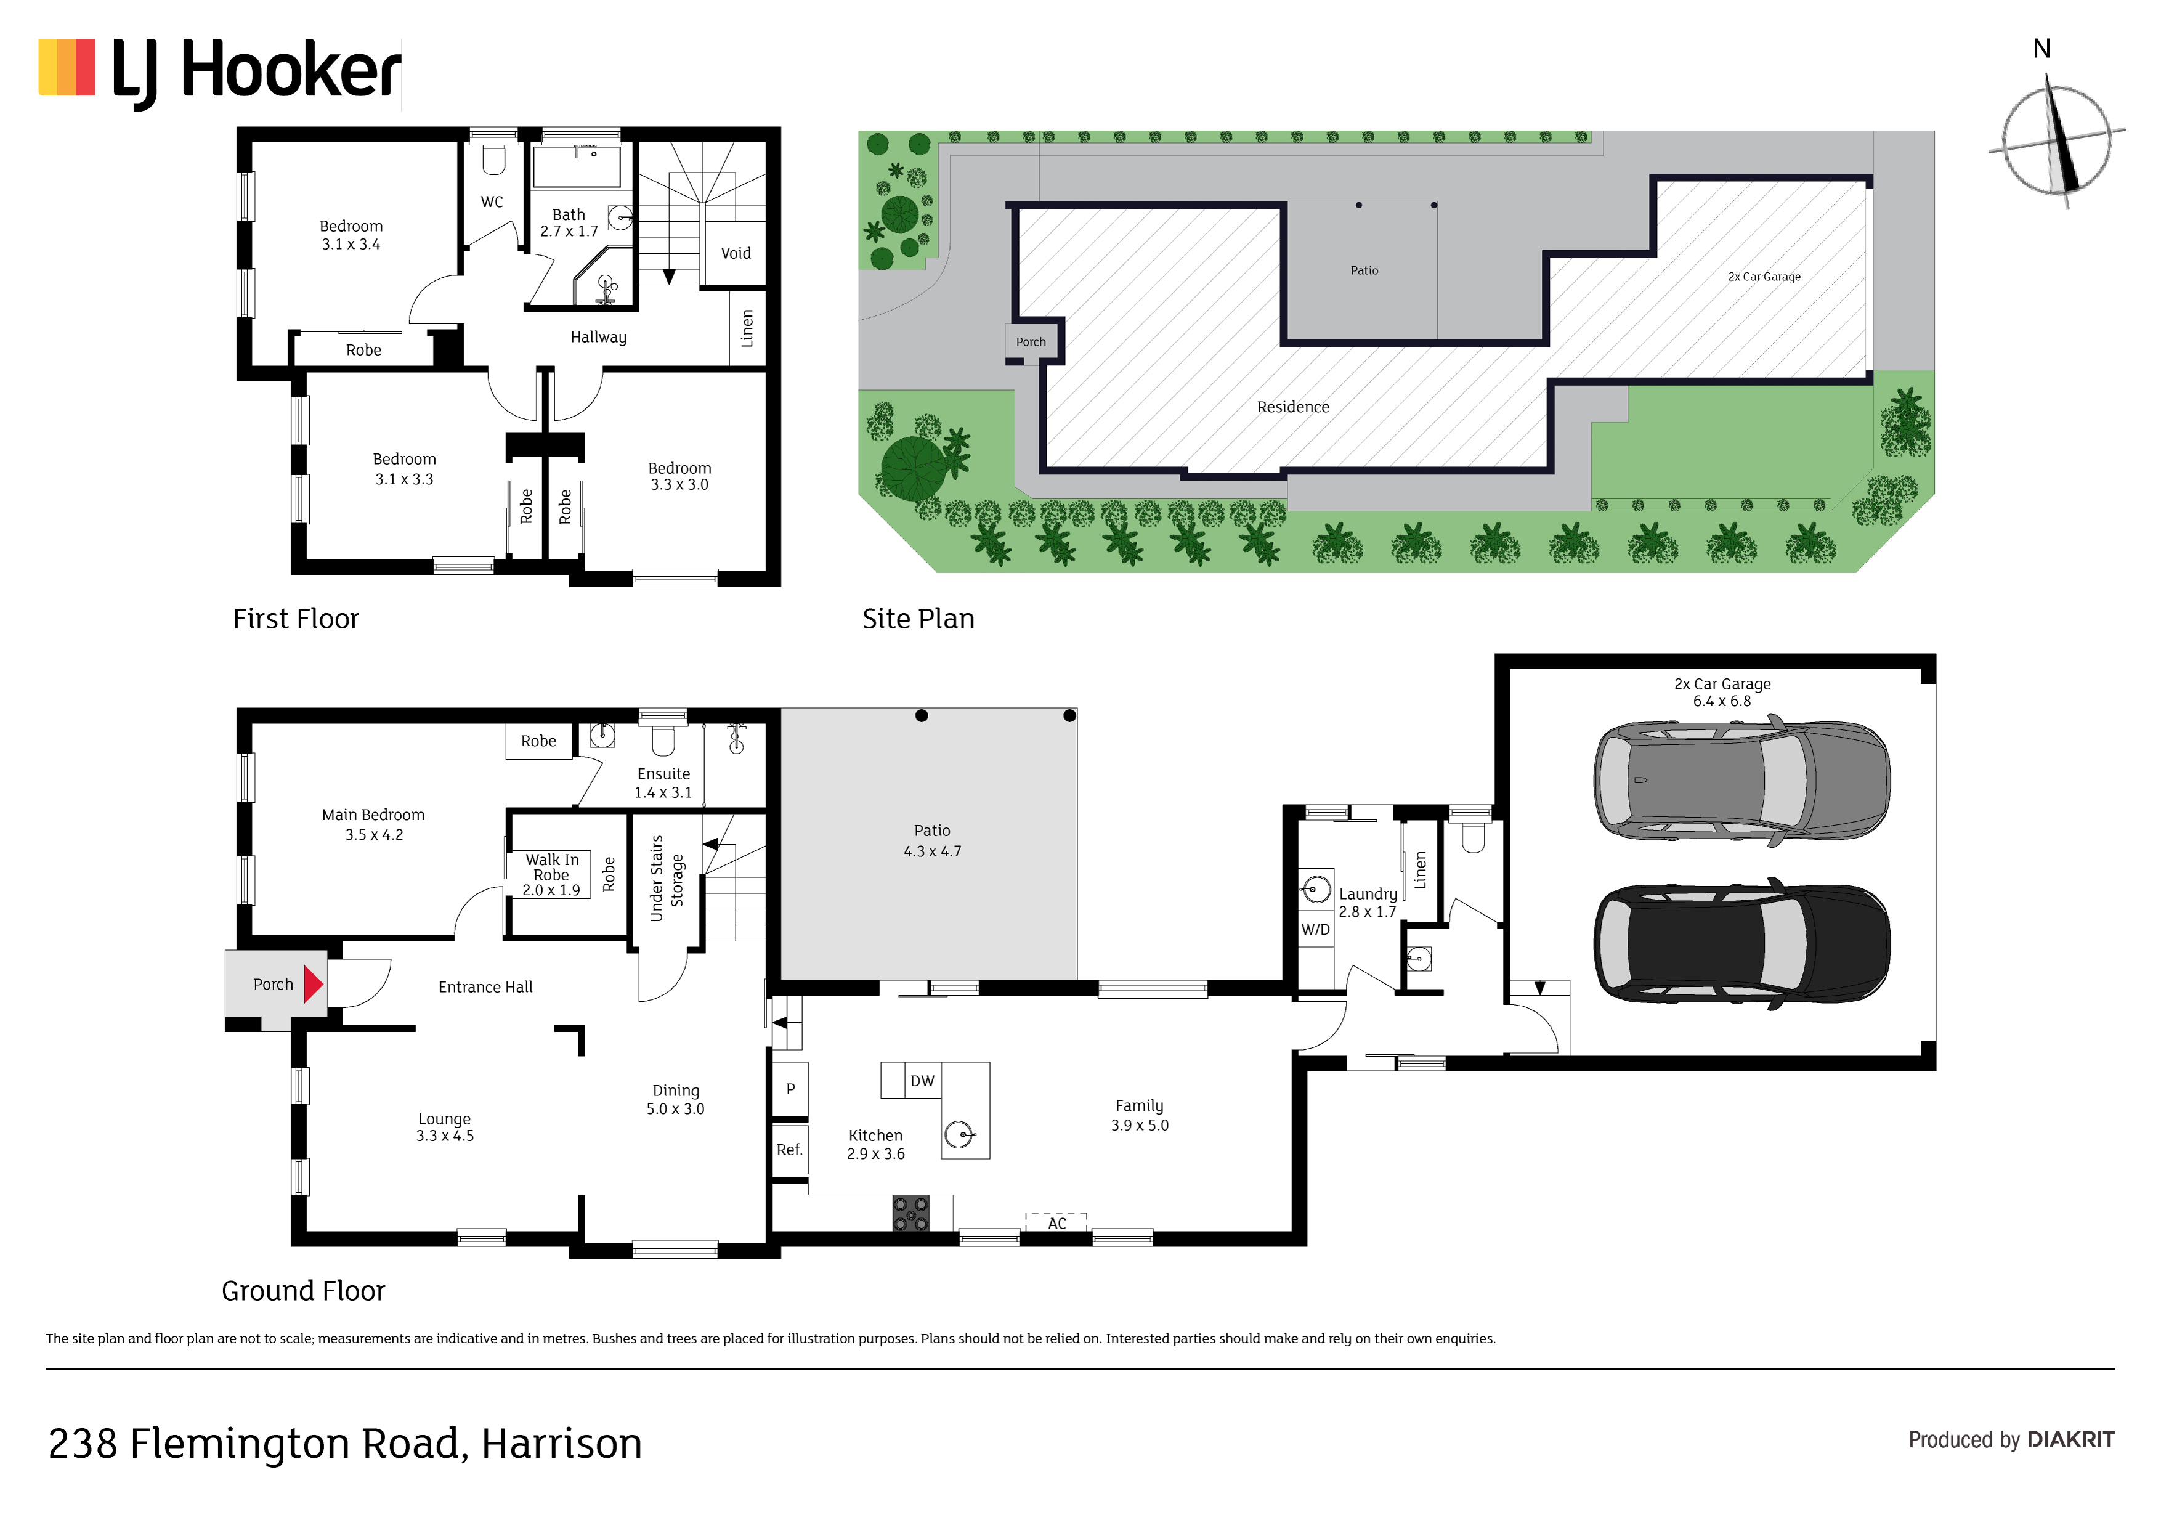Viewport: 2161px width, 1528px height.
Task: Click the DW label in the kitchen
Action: pos(922,1081)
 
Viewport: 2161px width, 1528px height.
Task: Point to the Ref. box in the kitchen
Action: pos(790,1150)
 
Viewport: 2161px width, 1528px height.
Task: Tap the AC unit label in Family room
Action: pos(1057,1223)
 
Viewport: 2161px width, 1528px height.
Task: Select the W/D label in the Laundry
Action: pos(1316,929)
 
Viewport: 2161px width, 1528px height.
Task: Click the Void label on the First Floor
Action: pos(736,253)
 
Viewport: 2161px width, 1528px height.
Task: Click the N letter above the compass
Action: pos(2041,49)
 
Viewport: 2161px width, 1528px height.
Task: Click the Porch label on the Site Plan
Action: pos(1031,342)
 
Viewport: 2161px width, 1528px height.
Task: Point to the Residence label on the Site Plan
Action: pos(1293,407)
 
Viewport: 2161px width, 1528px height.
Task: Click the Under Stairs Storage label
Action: pos(667,879)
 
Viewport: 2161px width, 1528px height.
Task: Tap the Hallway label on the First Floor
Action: pos(599,337)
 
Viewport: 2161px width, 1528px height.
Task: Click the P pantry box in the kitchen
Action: pos(790,1088)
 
